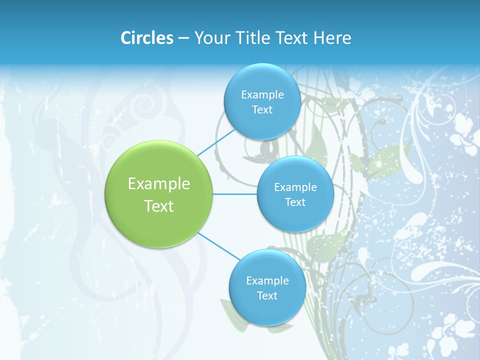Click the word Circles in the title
pos(146,38)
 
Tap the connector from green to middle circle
pos(234,194)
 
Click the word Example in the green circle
pos(159,184)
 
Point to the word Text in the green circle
pos(159,206)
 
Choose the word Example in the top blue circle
pos(262,95)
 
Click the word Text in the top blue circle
pos(262,110)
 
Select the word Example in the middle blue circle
pos(295,187)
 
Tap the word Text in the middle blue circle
pos(295,202)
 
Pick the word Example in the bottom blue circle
pos(267,281)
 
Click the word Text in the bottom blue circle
pos(267,296)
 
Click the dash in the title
pos(183,38)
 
